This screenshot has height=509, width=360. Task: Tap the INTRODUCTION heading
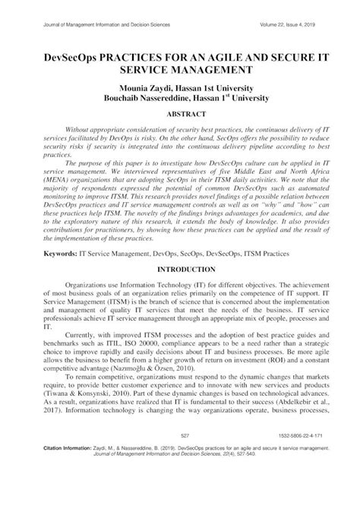pyautogui.click(x=180, y=270)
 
